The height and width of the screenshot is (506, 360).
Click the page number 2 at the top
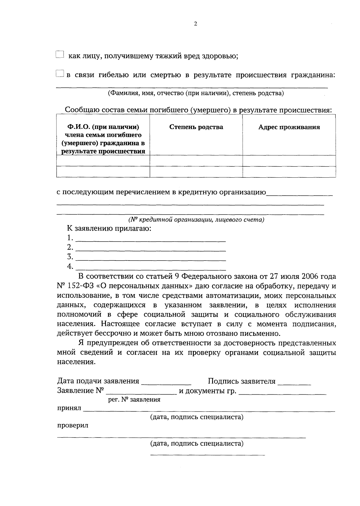coord(196,24)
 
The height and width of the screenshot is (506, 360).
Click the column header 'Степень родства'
coord(196,127)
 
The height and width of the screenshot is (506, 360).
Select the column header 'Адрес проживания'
coord(289,127)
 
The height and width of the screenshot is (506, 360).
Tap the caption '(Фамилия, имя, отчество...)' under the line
coord(196,93)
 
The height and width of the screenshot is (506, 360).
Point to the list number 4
coord(70,266)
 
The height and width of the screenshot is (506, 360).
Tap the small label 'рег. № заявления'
coord(134,400)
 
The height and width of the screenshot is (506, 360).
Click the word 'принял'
coord(69,408)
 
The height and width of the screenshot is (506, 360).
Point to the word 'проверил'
coord(73,426)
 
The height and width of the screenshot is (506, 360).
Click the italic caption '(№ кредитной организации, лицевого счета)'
coord(196,220)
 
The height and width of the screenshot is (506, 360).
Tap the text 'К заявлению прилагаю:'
coord(109,229)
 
